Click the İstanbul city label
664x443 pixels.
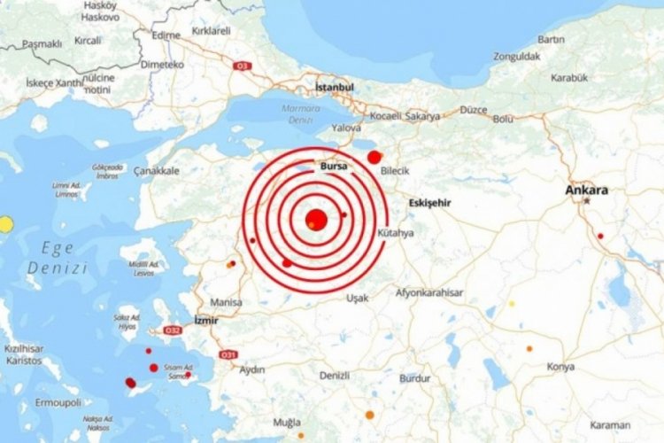335,88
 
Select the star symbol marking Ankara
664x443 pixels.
587,201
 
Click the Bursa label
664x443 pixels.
334,166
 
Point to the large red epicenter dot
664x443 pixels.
316,220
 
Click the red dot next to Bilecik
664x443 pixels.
374,157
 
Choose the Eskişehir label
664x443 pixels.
430,203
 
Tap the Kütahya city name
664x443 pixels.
395,233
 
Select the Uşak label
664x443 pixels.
358,298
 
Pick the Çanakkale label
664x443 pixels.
157,170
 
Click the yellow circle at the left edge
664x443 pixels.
5,224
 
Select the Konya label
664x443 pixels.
560,366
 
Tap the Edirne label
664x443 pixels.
166,35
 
